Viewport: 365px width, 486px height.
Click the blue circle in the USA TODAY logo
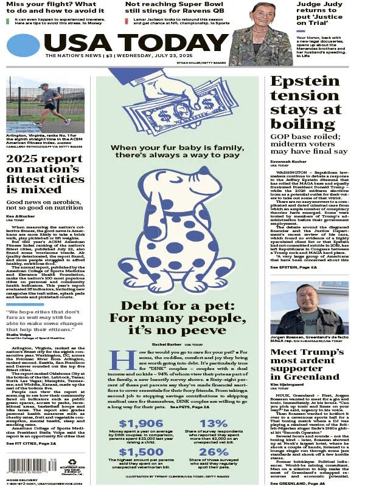point(24,45)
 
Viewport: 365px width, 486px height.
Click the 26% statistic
point(214,452)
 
